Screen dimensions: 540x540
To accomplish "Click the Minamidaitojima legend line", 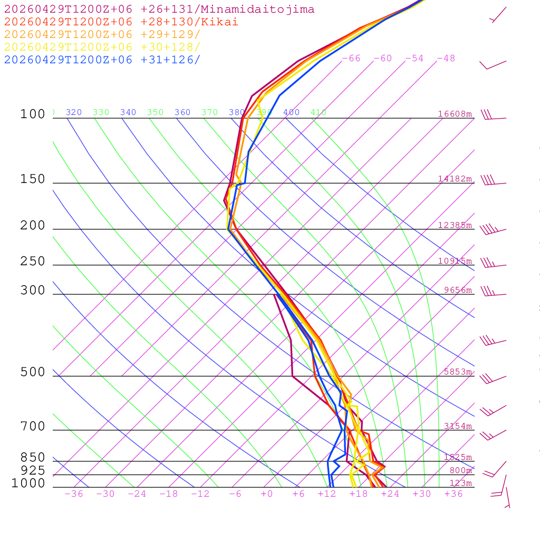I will (159, 9).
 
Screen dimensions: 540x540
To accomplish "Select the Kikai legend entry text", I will (121, 22).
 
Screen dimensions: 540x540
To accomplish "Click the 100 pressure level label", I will (33, 114).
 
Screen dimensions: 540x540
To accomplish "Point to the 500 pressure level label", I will (33, 373).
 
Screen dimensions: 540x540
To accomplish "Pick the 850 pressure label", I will (33, 458).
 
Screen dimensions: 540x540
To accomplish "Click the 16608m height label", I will (455, 114).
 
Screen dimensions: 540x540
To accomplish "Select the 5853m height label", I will (458, 372).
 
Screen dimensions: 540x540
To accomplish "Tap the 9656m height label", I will (458, 290).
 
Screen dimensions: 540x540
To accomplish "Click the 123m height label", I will (460, 483).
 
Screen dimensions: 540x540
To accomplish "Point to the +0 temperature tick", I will (266, 494).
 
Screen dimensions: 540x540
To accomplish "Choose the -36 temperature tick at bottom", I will (73, 494).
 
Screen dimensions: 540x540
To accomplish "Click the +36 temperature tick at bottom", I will (454, 494).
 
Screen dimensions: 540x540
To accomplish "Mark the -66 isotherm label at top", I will (351, 59).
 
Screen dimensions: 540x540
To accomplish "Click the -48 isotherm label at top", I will (446, 59).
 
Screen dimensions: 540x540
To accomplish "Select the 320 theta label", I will (74, 112).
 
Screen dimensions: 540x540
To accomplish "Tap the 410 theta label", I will (319, 112).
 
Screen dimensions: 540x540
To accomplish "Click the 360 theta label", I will (182, 112).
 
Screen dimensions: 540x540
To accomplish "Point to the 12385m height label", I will (455, 225).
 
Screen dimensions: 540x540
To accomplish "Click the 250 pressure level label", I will (33, 262).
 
